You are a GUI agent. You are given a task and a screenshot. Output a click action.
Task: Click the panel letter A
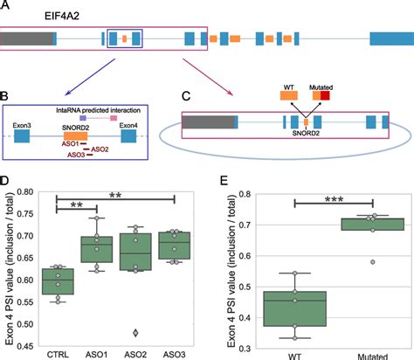(x=6, y=5)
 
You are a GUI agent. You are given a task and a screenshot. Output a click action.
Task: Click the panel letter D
(x=6, y=181)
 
